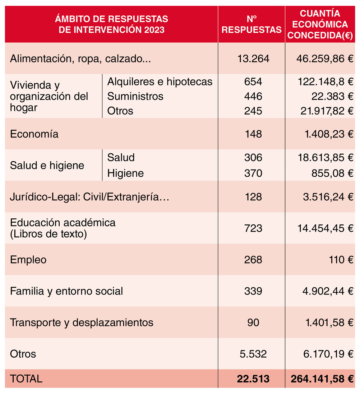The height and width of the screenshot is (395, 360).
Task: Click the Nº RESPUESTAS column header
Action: click(251, 24)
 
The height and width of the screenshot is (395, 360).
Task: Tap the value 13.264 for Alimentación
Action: click(253, 59)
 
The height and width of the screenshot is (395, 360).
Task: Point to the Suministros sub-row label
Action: click(135, 96)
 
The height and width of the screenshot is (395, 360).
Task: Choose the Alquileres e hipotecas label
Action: click(160, 82)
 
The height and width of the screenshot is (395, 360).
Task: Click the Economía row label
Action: click(34, 134)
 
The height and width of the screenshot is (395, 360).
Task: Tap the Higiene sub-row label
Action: click(125, 173)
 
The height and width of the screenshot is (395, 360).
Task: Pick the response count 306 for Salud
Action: click(253, 157)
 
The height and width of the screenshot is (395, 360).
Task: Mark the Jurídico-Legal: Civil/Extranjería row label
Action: click(89, 197)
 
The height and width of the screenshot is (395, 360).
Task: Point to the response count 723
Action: click(253, 228)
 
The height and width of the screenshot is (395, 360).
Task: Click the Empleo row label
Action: click(28, 260)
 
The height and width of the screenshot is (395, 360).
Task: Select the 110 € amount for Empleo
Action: click(340, 260)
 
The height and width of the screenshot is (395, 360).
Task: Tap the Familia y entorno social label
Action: click(66, 291)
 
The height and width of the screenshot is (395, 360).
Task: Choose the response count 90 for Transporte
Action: click(253, 322)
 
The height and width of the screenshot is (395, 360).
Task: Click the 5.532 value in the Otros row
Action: click(253, 354)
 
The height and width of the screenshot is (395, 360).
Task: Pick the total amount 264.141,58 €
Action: click(321, 379)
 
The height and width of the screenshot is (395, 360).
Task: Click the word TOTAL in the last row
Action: click(26, 379)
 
